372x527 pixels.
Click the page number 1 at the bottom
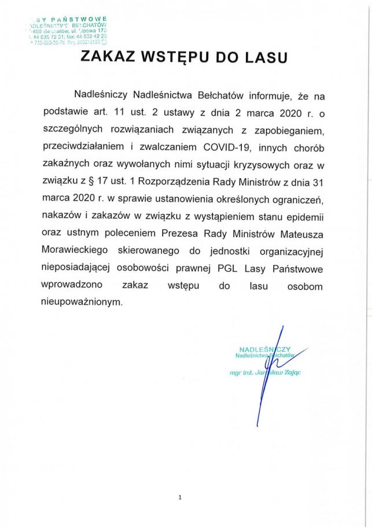[181, 497]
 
